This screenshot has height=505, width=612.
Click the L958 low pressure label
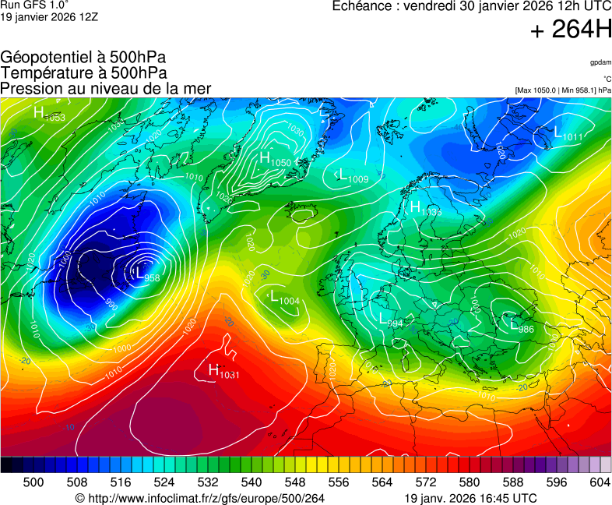click(x=147, y=274)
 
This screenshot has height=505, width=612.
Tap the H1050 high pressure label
click(x=275, y=160)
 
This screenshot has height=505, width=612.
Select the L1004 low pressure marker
click(x=284, y=298)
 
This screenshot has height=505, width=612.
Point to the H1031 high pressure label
click(x=224, y=373)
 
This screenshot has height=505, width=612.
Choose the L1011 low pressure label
click(x=568, y=136)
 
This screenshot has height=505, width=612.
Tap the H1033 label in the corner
click(x=49, y=115)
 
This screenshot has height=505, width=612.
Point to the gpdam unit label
click(x=600, y=62)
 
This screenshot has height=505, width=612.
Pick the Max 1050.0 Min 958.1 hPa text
click(x=563, y=90)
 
